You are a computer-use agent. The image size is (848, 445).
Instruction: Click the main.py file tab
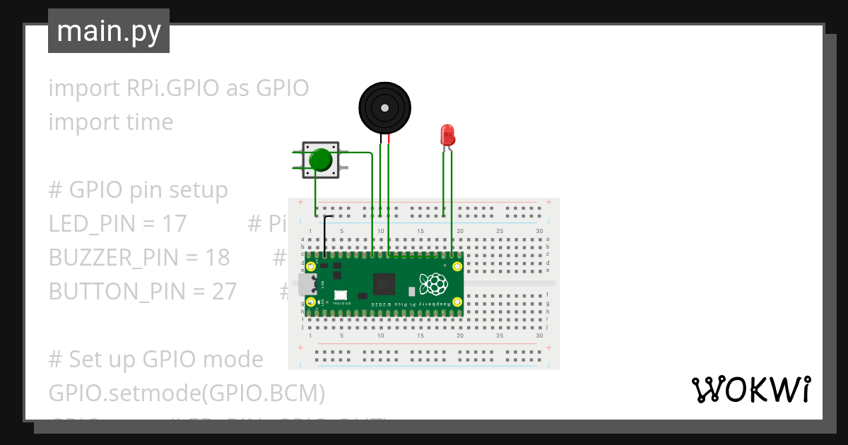108,32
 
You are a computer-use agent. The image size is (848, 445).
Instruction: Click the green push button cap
321,160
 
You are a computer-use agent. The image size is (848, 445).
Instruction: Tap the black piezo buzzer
384,108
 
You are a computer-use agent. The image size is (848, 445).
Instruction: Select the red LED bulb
447,134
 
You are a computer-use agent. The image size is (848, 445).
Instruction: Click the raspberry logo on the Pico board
433,284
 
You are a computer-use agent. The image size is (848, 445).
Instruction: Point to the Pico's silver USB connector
307,284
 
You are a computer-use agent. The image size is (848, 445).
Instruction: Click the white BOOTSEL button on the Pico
340,295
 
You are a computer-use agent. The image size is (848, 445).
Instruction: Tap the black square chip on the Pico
385,283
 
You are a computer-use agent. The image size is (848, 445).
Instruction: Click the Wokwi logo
750,389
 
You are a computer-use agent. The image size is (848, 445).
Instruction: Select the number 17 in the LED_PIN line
174,223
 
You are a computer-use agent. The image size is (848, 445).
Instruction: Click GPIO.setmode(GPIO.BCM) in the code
187,393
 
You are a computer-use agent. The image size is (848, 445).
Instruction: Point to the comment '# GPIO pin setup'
138,189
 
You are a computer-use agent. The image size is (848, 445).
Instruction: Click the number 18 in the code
217,257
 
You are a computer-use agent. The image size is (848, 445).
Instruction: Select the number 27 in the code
223,291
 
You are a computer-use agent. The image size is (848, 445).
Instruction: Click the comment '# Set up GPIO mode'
155,359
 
